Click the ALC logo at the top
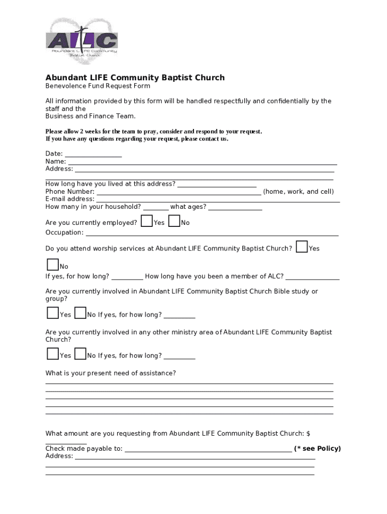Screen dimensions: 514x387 (x=82, y=41)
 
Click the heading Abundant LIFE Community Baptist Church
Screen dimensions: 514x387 (x=135, y=78)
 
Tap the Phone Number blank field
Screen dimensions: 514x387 (x=178, y=193)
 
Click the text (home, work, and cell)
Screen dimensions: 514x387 (x=299, y=192)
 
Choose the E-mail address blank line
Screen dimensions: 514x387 (x=218, y=200)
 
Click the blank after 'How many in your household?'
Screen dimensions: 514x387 (x=156, y=208)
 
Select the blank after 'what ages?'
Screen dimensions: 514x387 (x=235, y=208)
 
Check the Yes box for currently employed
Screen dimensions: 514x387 (x=147, y=221)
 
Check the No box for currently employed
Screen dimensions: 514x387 (x=174, y=221)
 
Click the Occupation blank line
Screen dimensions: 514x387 (x=212, y=234)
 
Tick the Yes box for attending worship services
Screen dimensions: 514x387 (x=302, y=246)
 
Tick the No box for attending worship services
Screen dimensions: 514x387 (x=53, y=265)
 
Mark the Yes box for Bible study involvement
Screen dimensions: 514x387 (x=53, y=313)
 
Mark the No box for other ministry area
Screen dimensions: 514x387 (x=80, y=353)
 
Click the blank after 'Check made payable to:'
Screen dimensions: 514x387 (x=208, y=450)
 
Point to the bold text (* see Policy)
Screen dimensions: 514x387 (x=318, y=449)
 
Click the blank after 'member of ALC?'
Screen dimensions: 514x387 (x=313, y=278)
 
